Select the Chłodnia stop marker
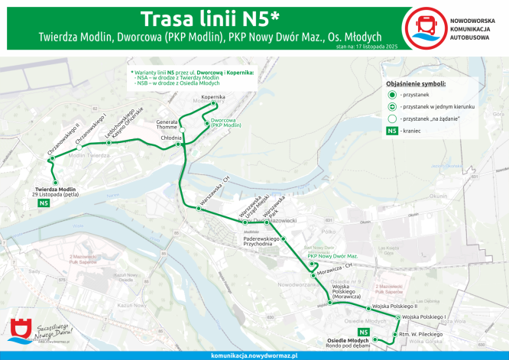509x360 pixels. (177, 144)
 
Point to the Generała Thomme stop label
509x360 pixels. (167, 125)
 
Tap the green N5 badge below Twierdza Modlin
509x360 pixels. (45, 203)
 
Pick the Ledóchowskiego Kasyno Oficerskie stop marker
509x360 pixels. (109, 143)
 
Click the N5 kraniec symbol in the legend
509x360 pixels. (391, 131)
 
